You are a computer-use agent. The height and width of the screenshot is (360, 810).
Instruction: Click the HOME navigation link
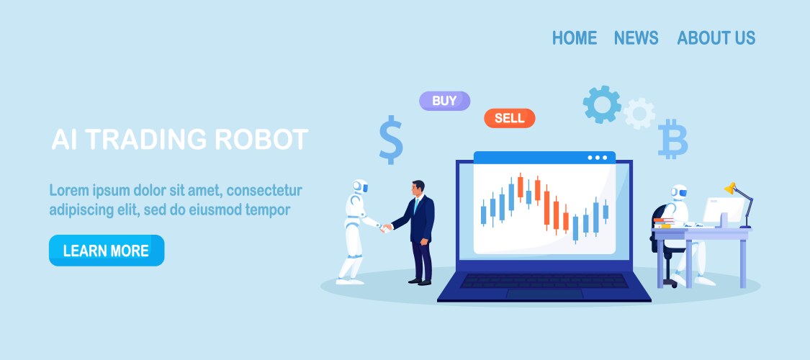click(575, 37)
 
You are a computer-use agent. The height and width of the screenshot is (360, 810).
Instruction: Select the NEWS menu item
click(636, 37)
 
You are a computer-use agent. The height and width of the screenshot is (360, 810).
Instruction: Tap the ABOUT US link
click(716, 37)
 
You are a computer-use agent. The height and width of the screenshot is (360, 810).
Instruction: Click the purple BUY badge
click(444, 101)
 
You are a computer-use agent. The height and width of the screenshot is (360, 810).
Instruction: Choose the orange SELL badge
click(509, 118)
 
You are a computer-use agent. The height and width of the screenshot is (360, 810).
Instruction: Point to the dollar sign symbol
click(390, 140)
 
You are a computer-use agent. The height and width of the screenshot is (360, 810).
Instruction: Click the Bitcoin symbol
click(672, 139)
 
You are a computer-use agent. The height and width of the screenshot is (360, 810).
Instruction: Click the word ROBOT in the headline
click(261, 140)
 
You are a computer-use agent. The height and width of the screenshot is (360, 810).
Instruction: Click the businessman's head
click(418, 188)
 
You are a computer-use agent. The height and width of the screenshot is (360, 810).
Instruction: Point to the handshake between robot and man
click(386, 228)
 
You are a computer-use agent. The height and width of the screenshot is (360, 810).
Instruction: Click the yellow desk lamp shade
click(730, 188)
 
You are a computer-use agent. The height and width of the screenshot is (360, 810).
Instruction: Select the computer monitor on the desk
click(722, 210)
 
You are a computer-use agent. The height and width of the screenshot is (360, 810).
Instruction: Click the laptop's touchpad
click(544, 294)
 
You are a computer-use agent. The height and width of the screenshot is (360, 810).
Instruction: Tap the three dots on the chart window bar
click(598, 158)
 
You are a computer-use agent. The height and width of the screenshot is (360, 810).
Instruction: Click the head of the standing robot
click(360, 186)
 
